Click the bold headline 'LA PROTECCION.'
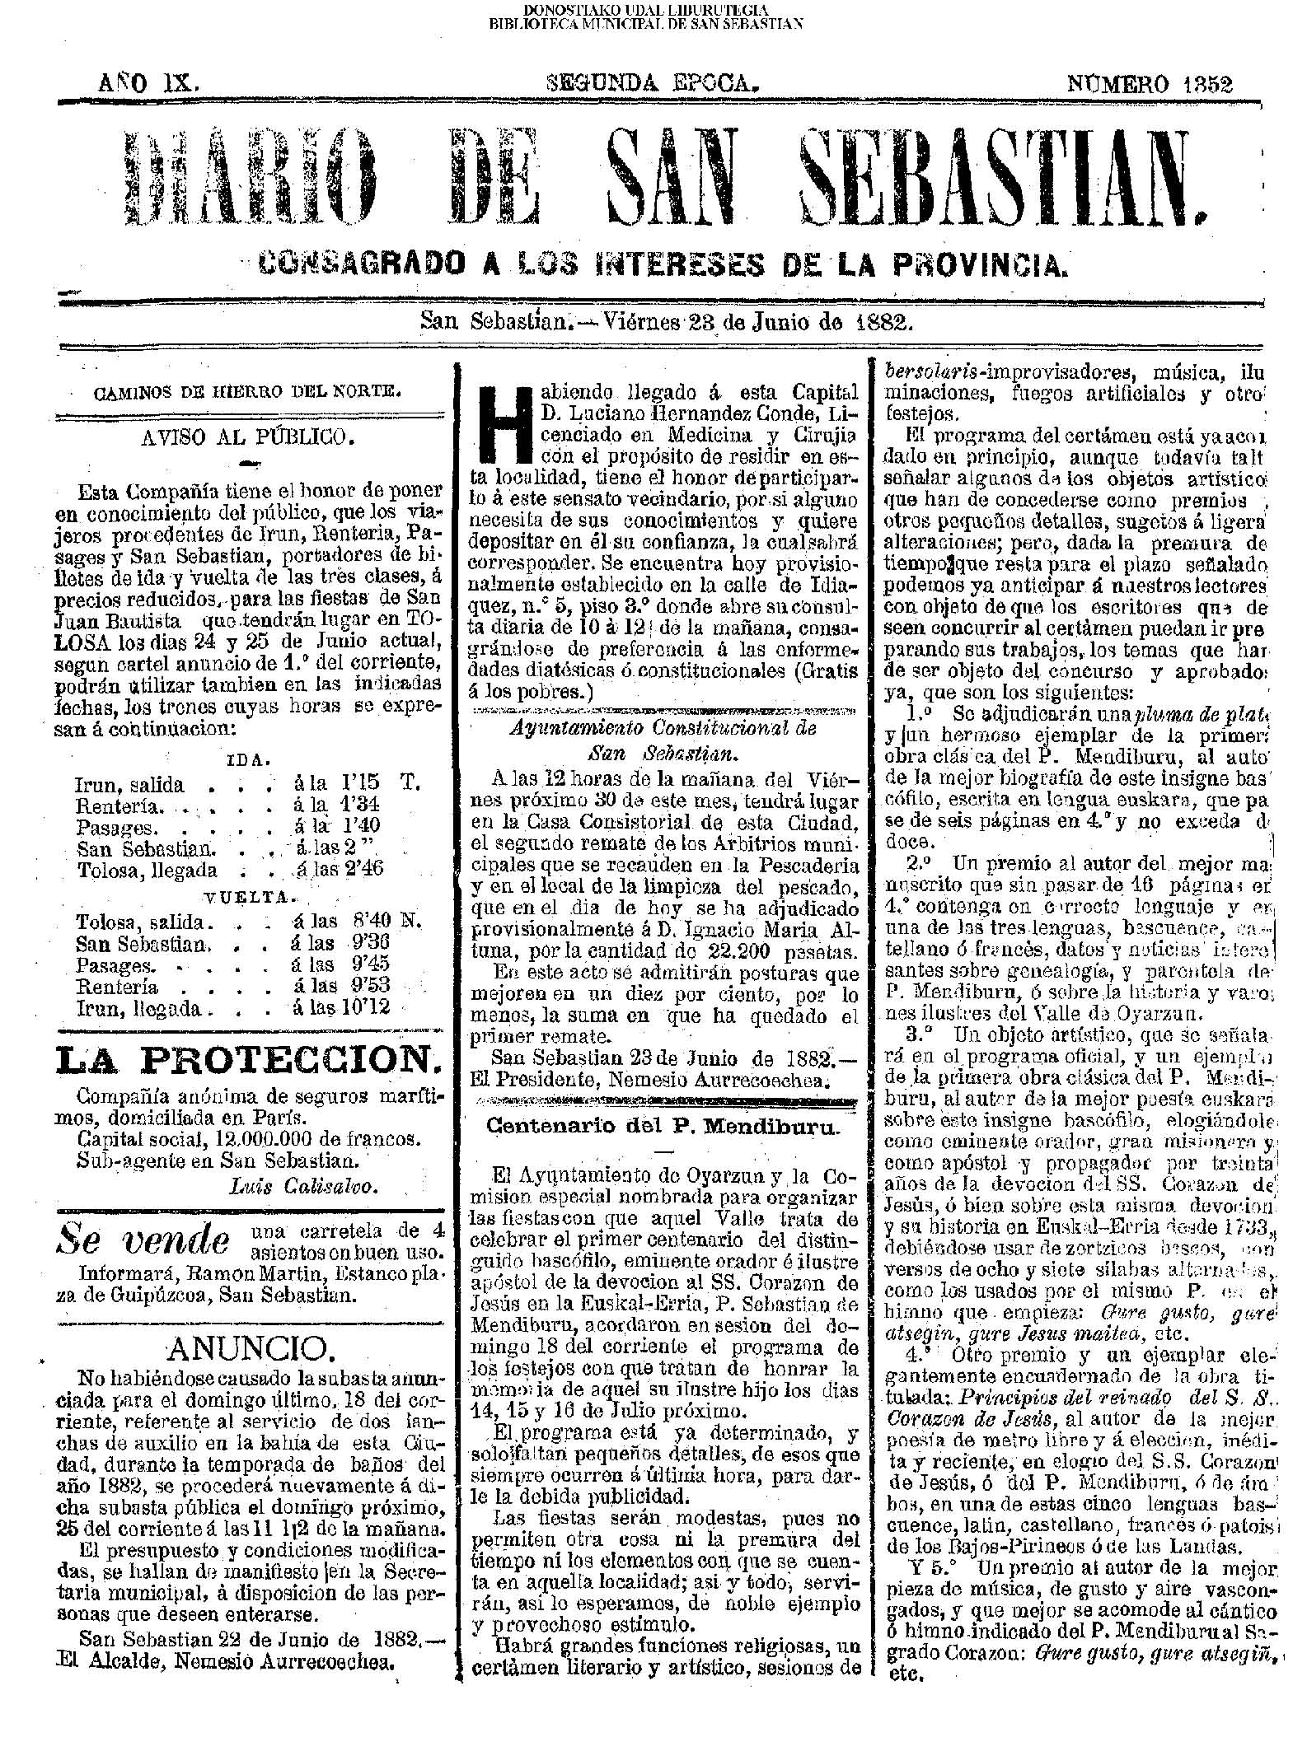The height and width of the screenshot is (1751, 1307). tap(247, 1062)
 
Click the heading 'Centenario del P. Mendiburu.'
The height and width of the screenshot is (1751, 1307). tap(662, 1127)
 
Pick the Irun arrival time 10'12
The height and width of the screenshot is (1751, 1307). tap(363, 1007)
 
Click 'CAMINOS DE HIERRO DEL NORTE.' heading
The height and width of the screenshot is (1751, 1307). tap(248, 393)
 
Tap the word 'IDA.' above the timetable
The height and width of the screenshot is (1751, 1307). tap(244, 759)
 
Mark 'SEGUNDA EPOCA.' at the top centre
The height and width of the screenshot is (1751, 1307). tap(651, 84)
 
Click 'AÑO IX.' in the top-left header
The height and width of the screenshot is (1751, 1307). tap(146, 84)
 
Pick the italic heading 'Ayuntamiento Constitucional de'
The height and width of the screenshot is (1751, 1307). tap(663, 729)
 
